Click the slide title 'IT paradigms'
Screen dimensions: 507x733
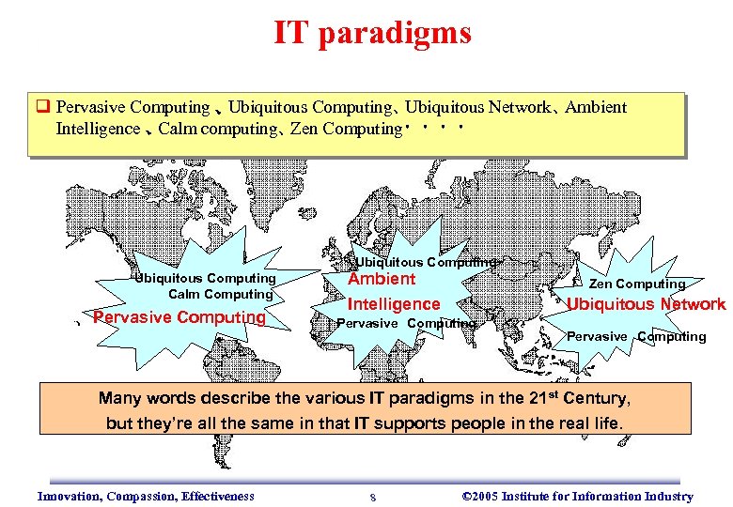click(372, 35)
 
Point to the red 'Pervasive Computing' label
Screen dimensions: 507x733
click(179, 317)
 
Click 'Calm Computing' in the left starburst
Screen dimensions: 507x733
click(220, 294)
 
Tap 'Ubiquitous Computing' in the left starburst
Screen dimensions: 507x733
click(205, 278)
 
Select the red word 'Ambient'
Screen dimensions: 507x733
click(382, 279)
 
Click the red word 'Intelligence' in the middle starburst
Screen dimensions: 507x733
click(394, 304)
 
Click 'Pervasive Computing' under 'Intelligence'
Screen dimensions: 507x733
click(406, 323)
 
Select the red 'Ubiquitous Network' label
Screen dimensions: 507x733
click(646, 304)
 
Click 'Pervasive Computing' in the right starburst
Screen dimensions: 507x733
click(636, 336)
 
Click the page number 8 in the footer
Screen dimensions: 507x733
click(373, 498)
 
